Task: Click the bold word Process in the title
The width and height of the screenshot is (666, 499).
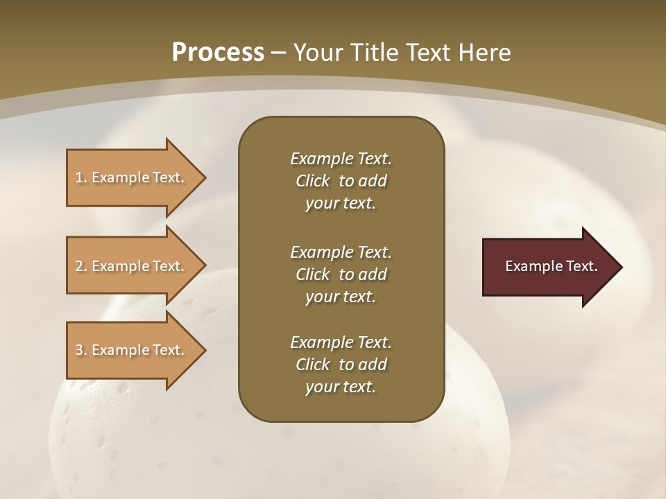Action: click(218, 53)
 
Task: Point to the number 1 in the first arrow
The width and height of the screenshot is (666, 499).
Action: click(79, 177)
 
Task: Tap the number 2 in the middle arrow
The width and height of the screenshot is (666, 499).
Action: click(79, 266)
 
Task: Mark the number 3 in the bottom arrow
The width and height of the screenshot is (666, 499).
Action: click(79, 350)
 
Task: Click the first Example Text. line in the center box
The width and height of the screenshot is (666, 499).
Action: click(341, 159)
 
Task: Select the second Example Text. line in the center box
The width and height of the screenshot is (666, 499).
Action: click(341, 252)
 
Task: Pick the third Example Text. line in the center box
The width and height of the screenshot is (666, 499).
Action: click(341, 342)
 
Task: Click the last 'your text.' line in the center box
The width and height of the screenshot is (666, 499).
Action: click(341, 387)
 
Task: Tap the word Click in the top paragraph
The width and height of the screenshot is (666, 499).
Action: click(313, 182)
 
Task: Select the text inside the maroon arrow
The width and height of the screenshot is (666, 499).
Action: click(551, 266)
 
